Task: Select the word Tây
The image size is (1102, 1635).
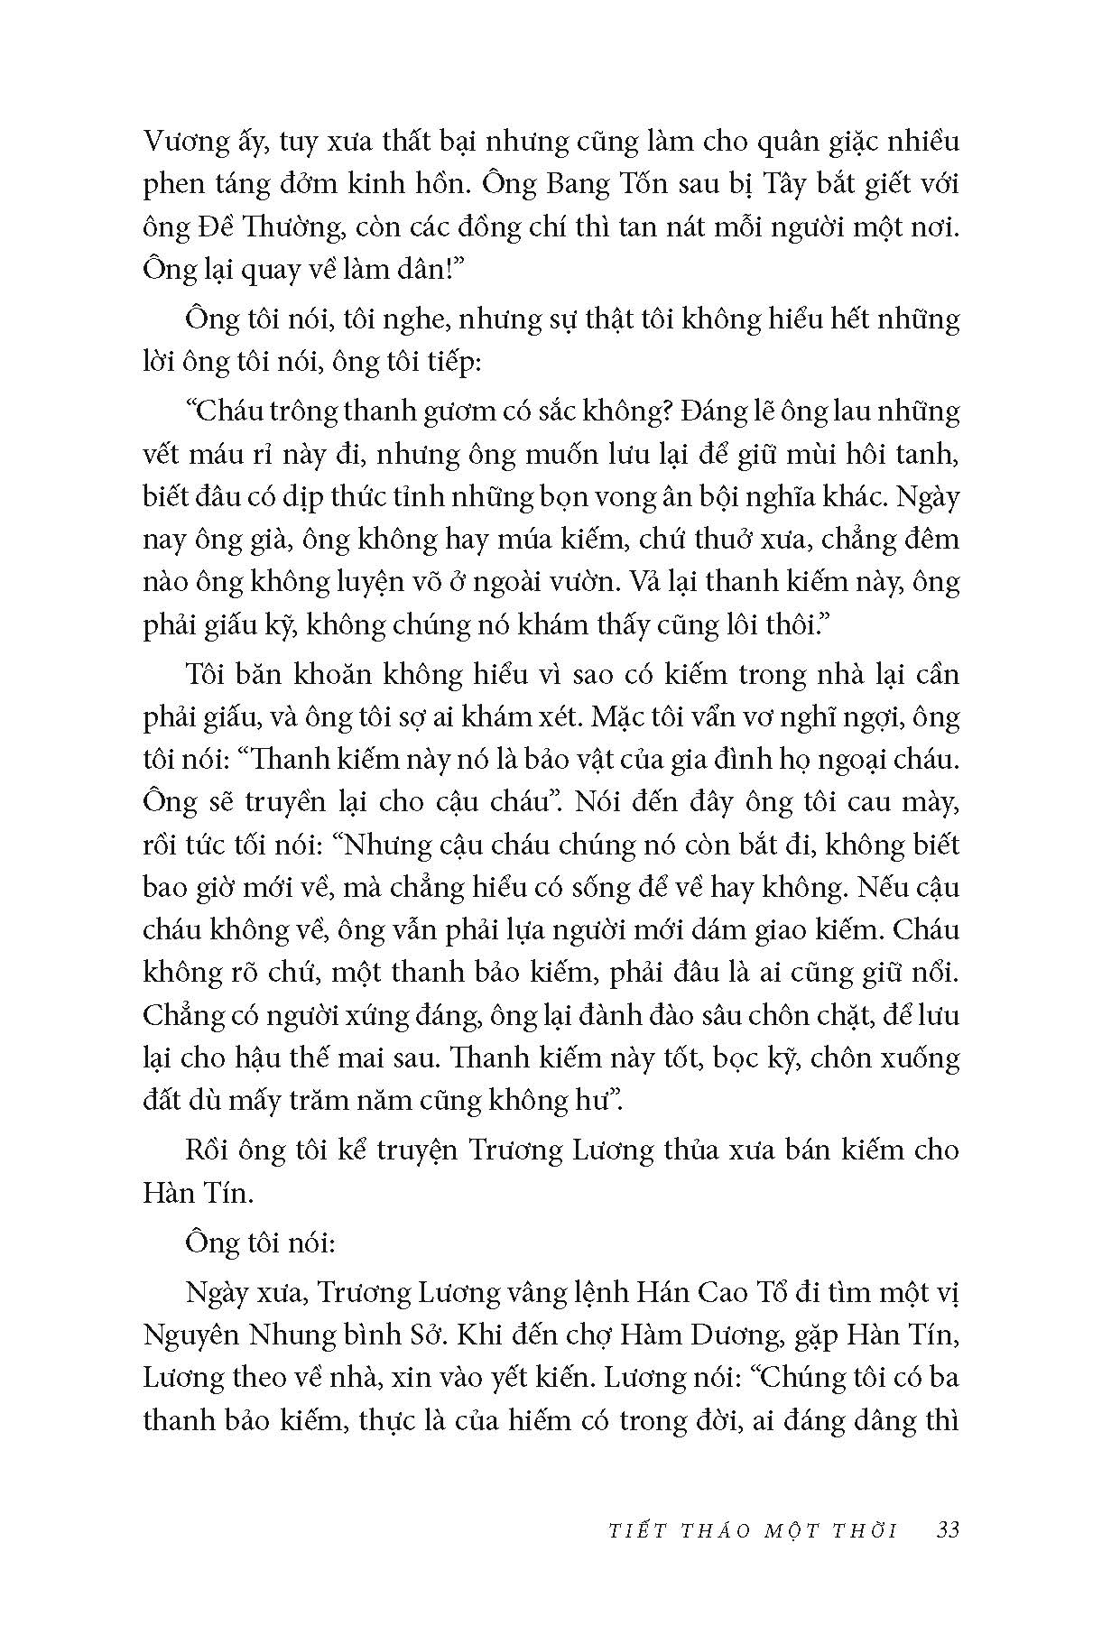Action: [774, 185]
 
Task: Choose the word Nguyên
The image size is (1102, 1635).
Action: [190, 1336]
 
